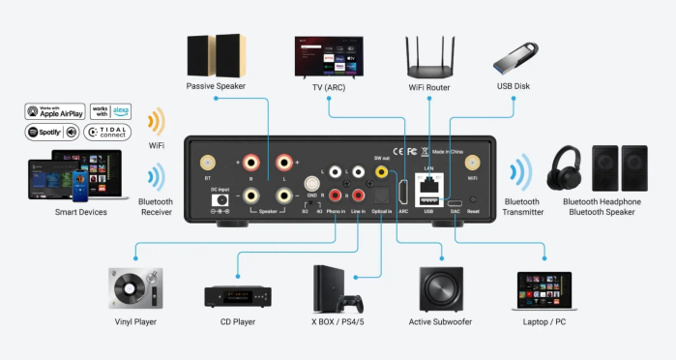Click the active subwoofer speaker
(440, 287)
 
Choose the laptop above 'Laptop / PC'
(545, 289)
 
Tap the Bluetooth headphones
(566, 168)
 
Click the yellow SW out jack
(381, 171)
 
